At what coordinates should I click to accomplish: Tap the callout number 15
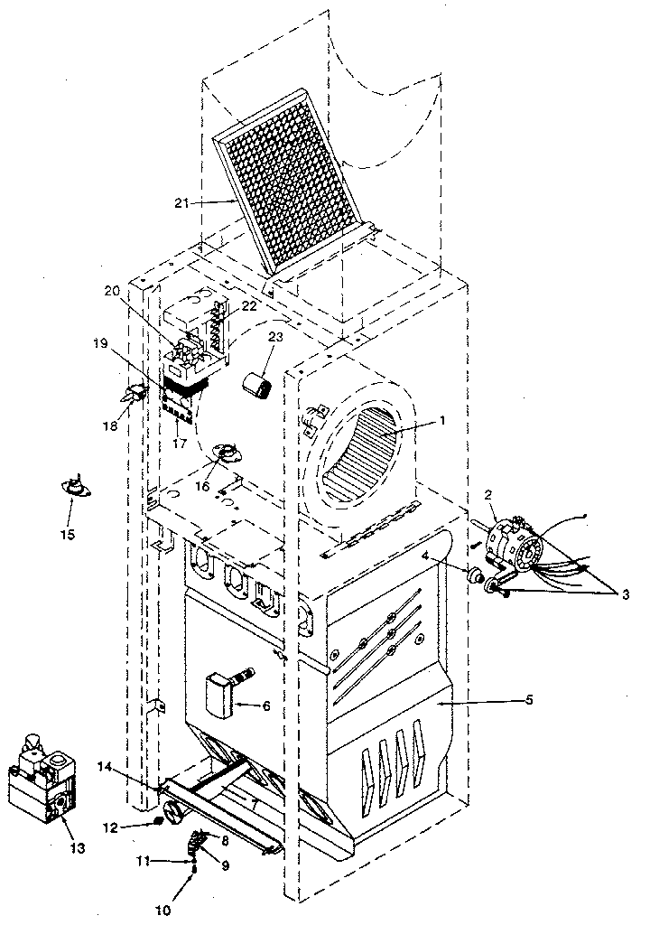(x=68, y=535)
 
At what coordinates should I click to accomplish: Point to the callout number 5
(x=528, y=700)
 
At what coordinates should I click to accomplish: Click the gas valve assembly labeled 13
(x=41, y=781)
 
